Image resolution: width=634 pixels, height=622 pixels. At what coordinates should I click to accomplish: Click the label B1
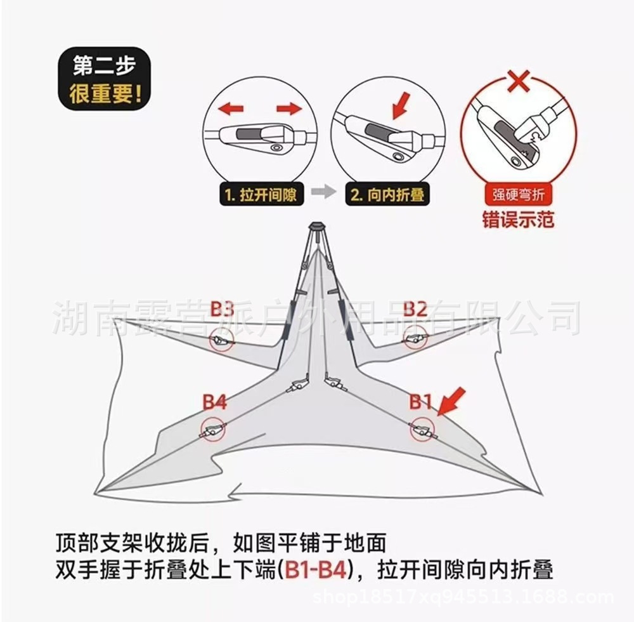(420, 401)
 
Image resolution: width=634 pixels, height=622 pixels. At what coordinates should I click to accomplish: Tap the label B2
(415, 309)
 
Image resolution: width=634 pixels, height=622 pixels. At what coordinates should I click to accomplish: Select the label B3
(223, 310)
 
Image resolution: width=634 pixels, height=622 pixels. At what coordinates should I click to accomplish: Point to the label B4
(214, 402)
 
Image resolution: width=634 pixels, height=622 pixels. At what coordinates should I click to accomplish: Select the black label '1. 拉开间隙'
(259, 194)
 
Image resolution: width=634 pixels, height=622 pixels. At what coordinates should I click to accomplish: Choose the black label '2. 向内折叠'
(387, 194)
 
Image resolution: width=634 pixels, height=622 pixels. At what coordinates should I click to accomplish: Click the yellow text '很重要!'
(105, 96)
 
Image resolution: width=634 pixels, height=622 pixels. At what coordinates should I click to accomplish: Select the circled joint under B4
(212, 431)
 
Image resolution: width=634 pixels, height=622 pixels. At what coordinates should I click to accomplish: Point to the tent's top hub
(316, 227)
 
